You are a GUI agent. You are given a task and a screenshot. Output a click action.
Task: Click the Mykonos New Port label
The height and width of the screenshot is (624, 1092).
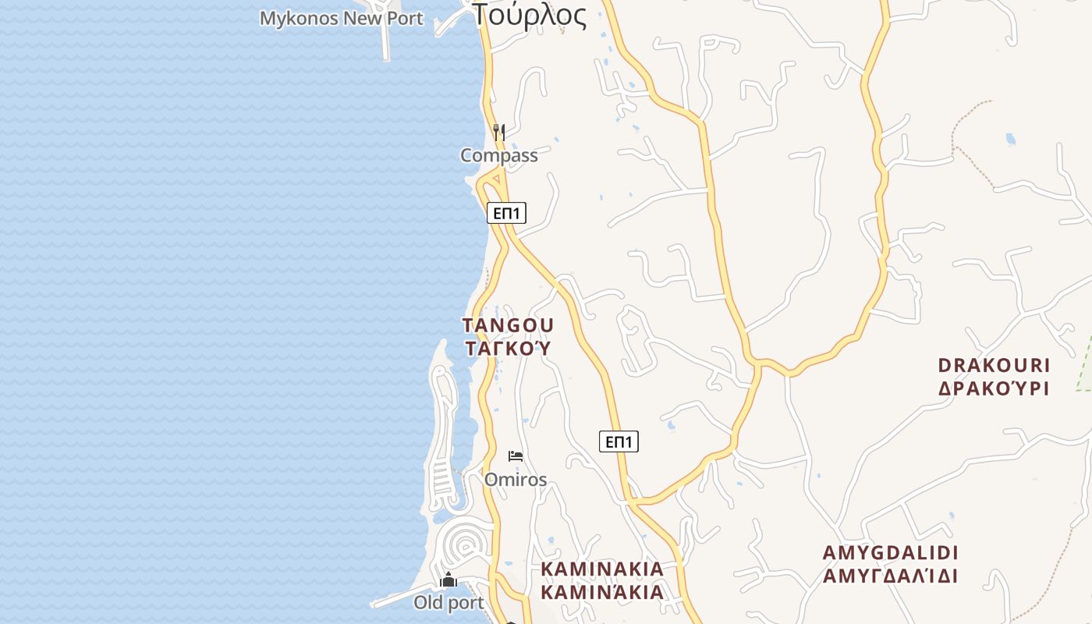click(341, 18)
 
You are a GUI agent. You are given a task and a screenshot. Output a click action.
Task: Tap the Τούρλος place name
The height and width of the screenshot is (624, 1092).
click(530, 16)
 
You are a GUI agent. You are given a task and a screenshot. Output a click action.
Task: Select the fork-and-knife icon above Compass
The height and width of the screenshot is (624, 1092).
click(499, 132)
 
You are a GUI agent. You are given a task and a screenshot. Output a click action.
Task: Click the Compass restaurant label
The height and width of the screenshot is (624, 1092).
click(499, 155)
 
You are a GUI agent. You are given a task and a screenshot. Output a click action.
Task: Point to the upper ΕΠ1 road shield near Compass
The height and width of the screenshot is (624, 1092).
click(506, 213)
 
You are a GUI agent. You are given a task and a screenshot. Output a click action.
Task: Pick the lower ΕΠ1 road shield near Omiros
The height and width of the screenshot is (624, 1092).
click(619, 442)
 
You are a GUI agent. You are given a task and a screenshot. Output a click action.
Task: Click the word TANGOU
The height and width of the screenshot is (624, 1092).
click(508, 325)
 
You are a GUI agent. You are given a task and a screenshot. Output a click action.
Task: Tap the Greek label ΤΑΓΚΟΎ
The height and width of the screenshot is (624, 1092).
click(508, 348)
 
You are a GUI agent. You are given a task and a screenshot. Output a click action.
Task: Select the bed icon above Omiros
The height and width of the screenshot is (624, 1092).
click(515, 456)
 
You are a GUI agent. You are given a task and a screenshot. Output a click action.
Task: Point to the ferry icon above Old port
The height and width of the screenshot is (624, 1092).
click(448, 580)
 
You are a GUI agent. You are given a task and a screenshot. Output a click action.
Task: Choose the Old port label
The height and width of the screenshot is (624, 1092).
click(448, 602)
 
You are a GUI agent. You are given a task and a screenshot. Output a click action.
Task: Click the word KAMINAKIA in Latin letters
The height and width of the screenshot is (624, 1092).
click(602, 569)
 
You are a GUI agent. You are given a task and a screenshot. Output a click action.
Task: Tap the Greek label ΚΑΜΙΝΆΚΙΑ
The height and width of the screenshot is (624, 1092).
click(602, 592)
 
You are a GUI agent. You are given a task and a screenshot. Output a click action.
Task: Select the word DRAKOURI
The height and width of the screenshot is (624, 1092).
click(994, 365)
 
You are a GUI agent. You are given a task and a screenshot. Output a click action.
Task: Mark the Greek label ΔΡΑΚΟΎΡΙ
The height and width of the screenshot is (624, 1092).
click(994, 388)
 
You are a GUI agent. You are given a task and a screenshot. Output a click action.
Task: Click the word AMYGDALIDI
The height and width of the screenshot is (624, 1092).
click(890, 553)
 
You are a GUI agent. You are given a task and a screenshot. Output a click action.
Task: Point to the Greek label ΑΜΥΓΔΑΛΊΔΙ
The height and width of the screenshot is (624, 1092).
click(890, 576)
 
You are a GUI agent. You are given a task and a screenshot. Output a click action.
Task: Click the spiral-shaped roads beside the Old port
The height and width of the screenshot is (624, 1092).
click(465, 541)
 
